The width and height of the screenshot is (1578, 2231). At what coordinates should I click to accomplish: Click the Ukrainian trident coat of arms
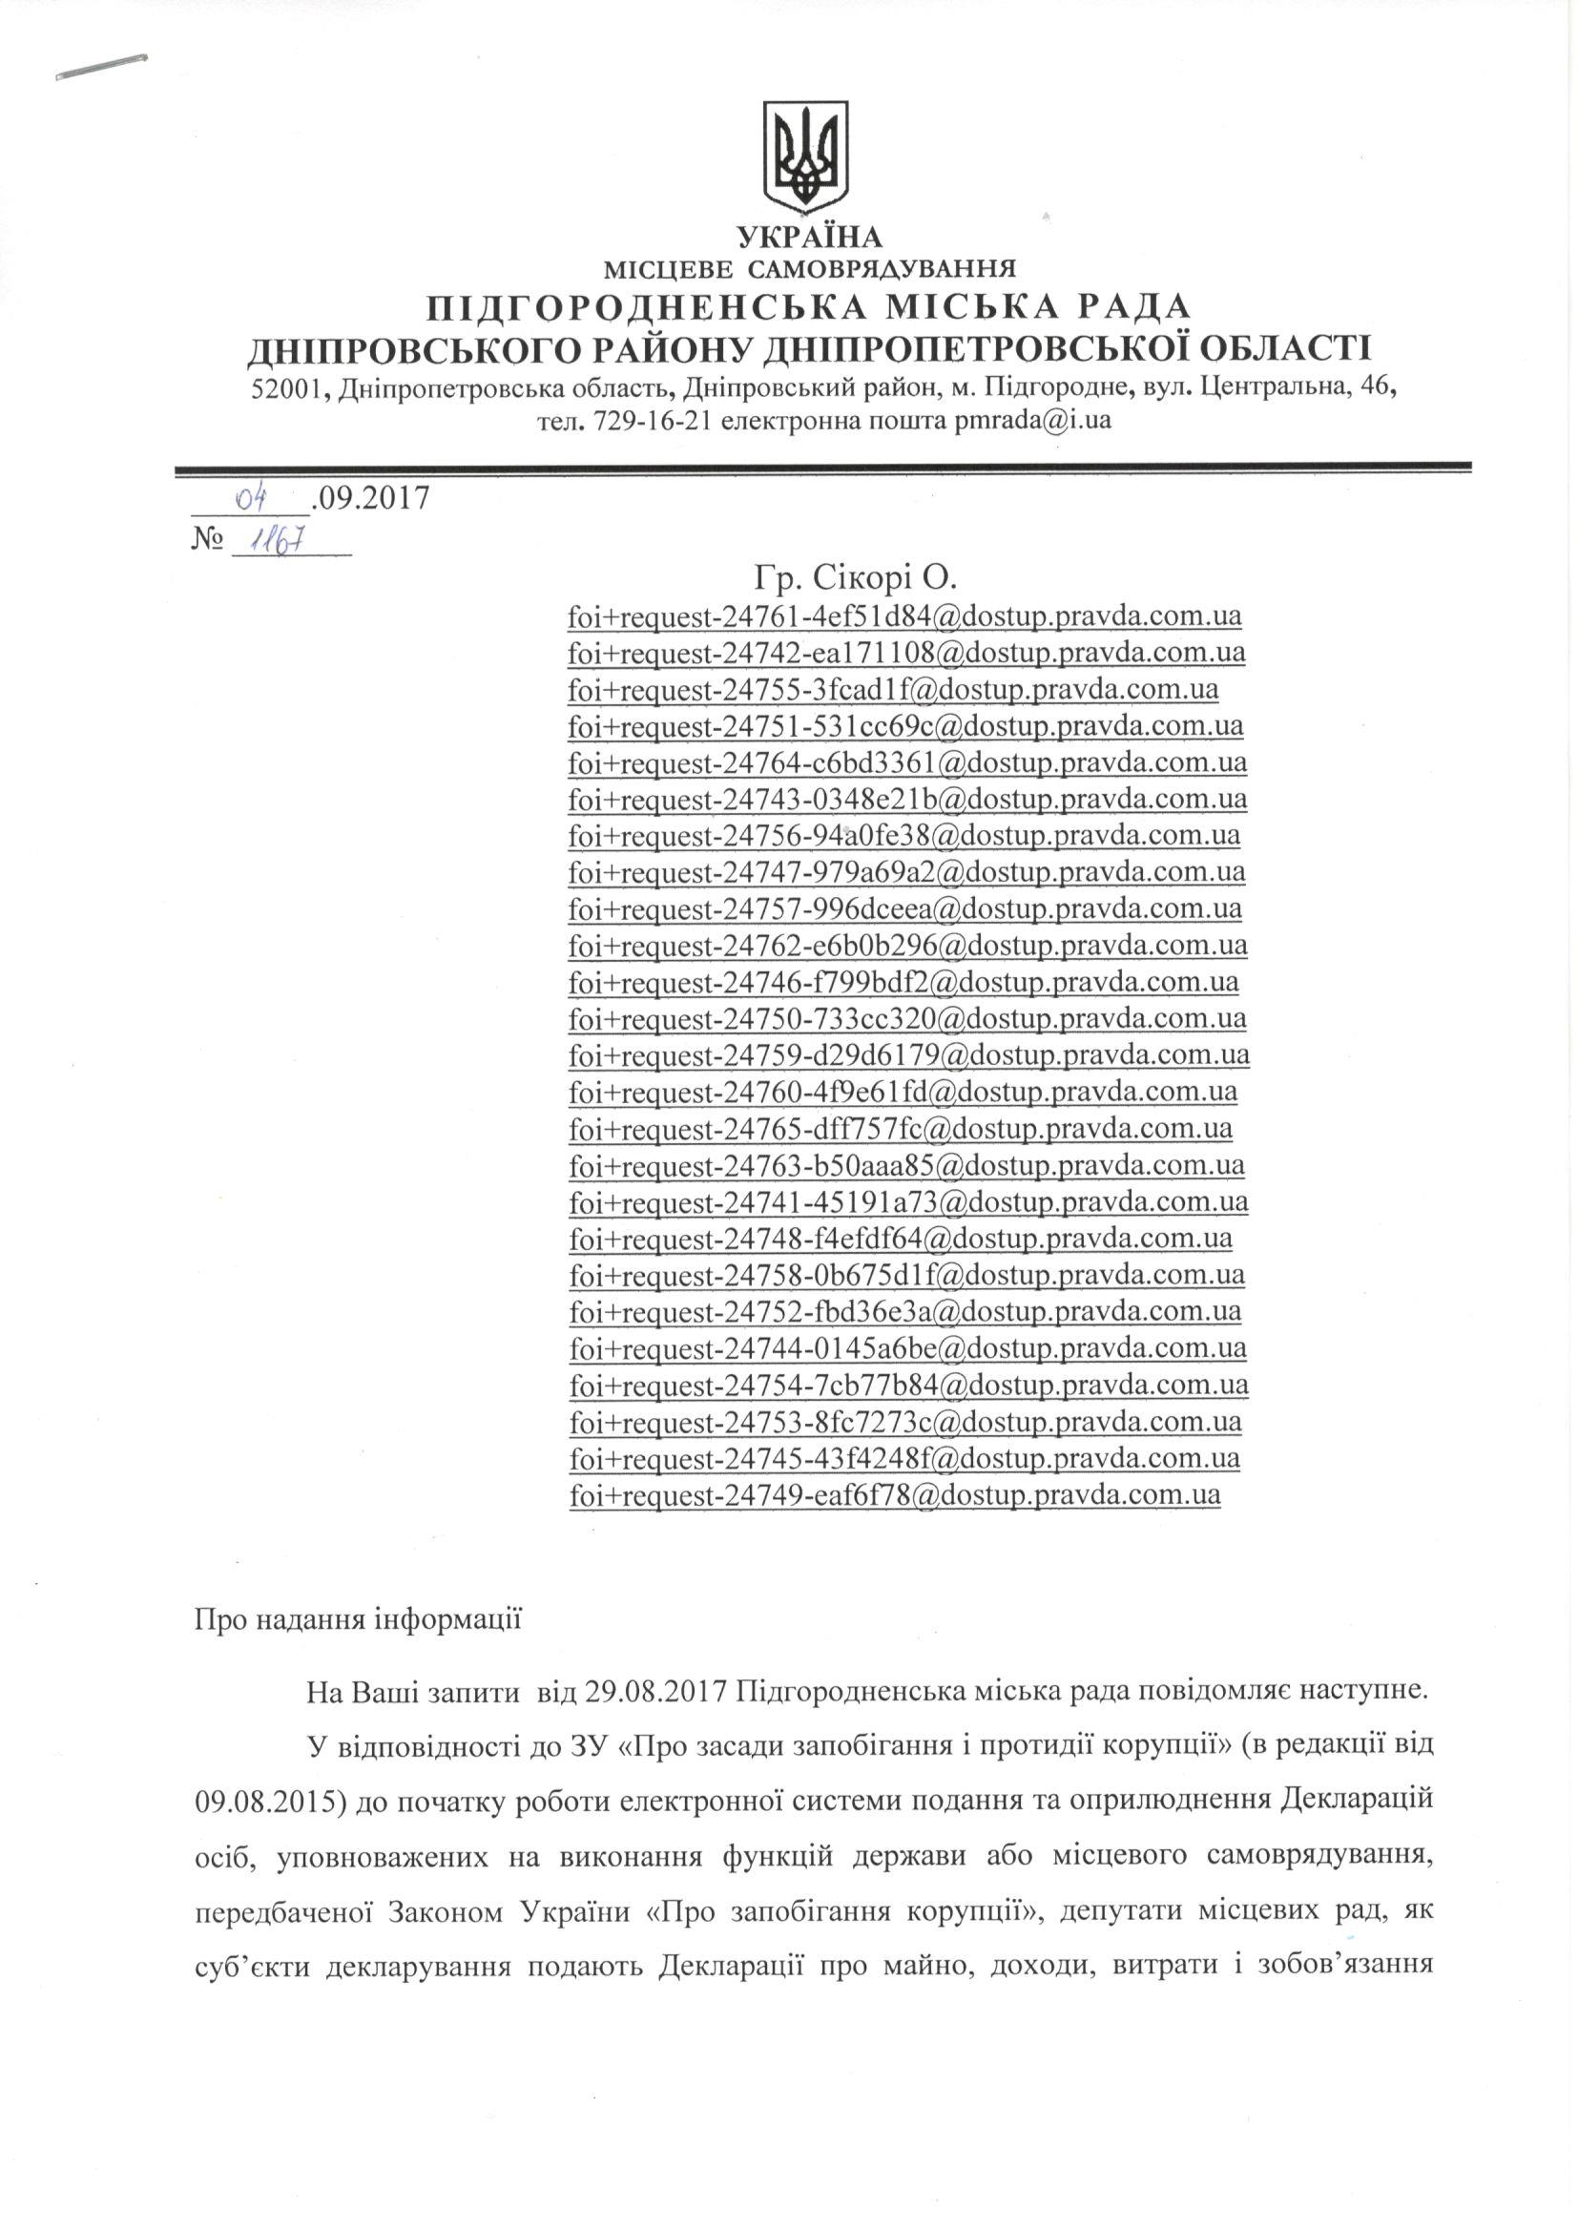tap(805, 155)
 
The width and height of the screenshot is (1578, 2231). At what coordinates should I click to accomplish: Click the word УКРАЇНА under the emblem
tap(809, 237)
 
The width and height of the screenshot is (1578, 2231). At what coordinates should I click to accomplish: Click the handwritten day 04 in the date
tap(252, 498)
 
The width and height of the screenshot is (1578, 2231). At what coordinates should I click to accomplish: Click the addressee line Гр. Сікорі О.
tap(855, 578)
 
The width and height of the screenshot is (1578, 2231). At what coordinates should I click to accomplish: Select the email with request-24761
tap(904, 616)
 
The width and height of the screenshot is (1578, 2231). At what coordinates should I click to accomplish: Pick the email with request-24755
tap(893, 689)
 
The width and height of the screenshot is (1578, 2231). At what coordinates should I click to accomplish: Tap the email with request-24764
tap(907, 761)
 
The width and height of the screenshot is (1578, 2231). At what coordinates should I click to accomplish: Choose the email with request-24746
tap(903, 981)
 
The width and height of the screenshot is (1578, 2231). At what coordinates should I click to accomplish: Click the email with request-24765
tap(901, 1128)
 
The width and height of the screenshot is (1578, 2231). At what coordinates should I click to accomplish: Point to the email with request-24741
tap(908, 1201)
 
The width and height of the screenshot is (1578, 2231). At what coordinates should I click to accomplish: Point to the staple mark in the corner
tap(101, 68)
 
